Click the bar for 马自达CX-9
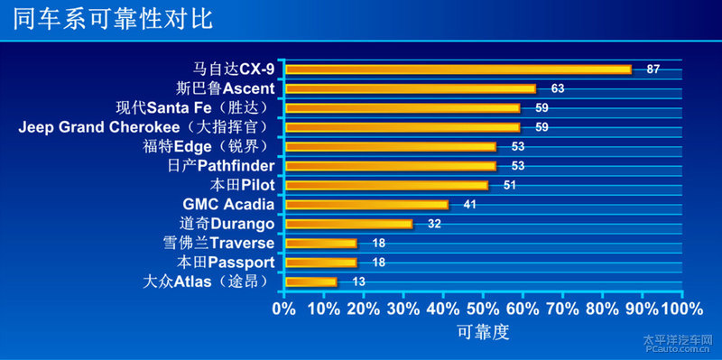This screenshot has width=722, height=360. click(x=458, y=69)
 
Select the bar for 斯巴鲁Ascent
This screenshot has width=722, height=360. click(x=411, y=88)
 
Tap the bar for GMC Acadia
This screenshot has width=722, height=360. click(x=366, y=205)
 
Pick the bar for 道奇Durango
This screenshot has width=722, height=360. click(x=348, y=224)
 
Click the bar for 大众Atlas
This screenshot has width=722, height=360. click(x=310, y=282)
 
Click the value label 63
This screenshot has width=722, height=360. click(x=557, y=88)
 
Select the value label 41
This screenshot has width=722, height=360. click(x=469, y=205)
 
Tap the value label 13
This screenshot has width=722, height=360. click(x=358, y=282)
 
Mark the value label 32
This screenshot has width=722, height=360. click(x=434, y=224)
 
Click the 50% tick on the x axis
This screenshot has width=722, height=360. click(x=483, y=309)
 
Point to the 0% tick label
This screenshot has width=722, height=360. click(x=284, y=309)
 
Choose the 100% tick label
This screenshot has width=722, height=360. click(x=681, y=309)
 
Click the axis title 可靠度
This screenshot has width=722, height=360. click(x=483, y=333)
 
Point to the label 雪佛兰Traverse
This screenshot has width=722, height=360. click(x=219, y=244)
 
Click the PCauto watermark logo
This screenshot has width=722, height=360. click(x=677, y=344)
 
